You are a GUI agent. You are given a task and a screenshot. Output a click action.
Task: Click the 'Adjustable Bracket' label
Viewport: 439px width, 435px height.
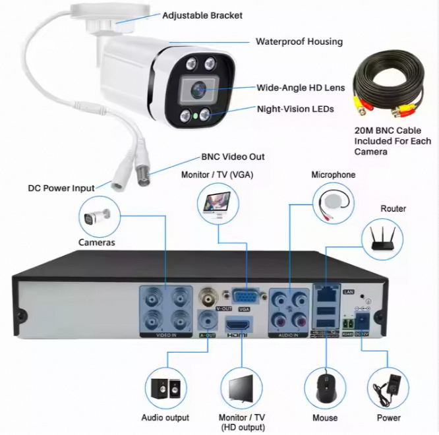coord(202,15)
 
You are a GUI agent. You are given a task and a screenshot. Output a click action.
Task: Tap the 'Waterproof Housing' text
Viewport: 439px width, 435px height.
coord(299,42)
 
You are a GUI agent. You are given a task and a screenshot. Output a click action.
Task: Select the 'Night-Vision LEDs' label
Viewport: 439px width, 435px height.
coord(295,109)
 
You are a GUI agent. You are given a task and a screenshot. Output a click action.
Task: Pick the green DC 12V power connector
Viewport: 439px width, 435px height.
coord(363,322)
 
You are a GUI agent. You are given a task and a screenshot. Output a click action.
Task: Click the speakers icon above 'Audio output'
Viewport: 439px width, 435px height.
coord(165,390)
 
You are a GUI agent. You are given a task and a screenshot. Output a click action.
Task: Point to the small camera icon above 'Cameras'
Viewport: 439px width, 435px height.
coord(98,217)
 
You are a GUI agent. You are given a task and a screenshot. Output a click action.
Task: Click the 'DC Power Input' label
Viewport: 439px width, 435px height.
coord(61,188)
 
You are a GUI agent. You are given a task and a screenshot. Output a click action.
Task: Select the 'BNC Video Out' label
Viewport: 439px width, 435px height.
coord(233,157)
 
